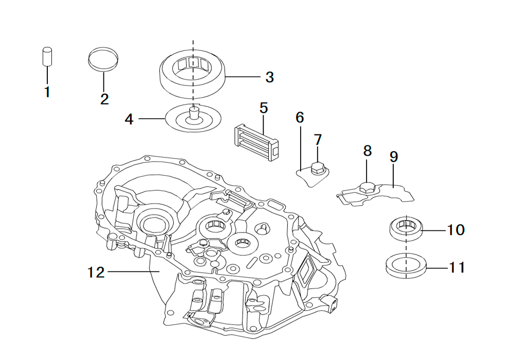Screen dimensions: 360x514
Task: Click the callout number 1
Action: (47, 93)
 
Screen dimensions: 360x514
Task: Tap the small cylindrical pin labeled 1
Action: (47, 56)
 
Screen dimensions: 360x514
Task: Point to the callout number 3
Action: (269, 77)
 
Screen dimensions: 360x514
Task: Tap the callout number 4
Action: (129, 119)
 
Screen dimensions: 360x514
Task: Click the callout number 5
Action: (264, 108)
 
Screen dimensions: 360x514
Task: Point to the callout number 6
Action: (300, 117)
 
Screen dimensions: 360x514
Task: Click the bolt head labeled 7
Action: (317, 167)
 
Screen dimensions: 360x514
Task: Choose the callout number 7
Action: (318, 139)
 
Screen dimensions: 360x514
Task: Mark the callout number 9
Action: (394, 157)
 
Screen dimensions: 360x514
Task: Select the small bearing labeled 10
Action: (406, 228)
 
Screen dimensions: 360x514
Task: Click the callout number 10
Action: (455, 229)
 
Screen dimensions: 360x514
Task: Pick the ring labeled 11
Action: (407, 266)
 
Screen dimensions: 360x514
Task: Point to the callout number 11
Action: (456, 267)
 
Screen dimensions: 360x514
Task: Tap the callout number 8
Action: (367, 151)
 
